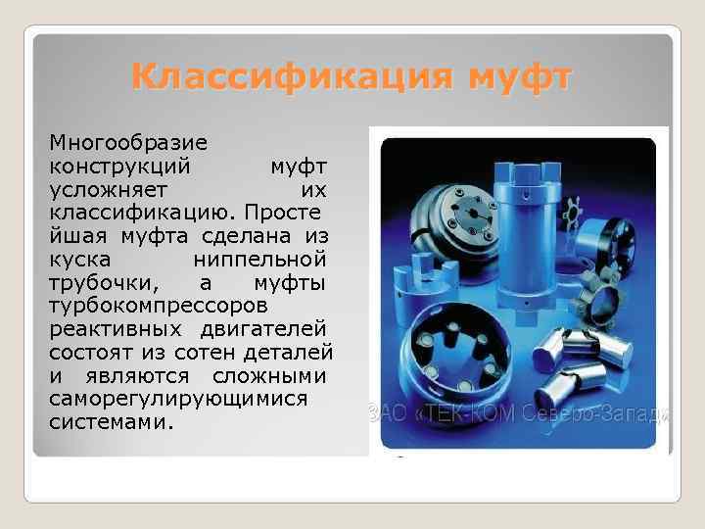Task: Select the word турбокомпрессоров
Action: [x=146, y=305]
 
